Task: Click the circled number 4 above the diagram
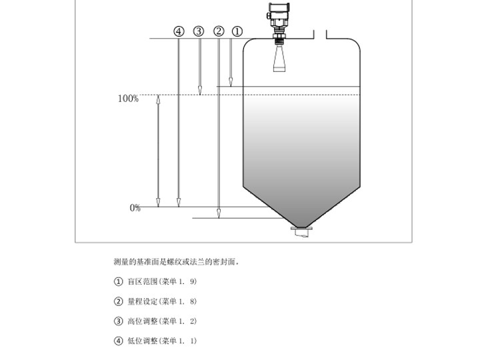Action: click(x=179, y=31)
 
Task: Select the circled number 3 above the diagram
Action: click(x=199, y=31)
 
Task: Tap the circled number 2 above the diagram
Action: click(x=219, y=31)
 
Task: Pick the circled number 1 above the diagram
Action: click(x=237, y=31)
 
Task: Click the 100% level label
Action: click(x=128, y=99)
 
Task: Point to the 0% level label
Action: click(x=135, y=208)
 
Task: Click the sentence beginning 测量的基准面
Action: click(x=177, y=262)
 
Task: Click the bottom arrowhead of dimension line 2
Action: click(x=219, y=213)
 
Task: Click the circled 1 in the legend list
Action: click(x=119, y=281)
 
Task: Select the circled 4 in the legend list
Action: click(x=119, y=341)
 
